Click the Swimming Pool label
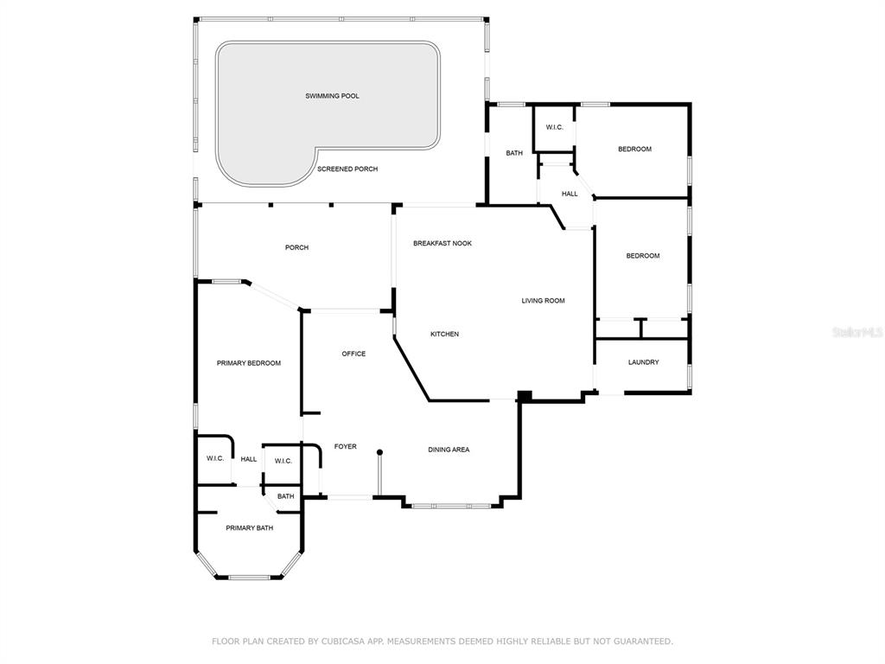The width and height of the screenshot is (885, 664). [332, 96]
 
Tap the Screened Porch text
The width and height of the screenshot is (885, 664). [347, 169]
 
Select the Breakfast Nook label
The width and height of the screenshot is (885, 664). [442, 243]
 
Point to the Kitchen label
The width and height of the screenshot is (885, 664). [444, 335]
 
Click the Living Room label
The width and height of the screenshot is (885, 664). [543, 301]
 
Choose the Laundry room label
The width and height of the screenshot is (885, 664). [643, 362]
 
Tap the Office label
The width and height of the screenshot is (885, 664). [353, 354]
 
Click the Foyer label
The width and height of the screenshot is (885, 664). [345, 447]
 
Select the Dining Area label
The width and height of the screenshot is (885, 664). [449, 450]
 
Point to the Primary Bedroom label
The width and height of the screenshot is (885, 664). [248, 363]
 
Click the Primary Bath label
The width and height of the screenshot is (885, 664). [249, 528]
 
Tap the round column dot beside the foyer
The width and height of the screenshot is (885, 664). [380, 452]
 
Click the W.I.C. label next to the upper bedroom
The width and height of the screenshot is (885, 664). [554, 128]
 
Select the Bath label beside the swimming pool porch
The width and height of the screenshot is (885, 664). [513, 153]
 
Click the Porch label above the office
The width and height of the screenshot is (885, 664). [296, 247]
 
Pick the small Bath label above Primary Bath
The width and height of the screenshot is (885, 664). [285, 496]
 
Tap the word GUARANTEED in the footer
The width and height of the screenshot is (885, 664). [642, 642]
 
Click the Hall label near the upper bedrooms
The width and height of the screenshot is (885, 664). [570, 194]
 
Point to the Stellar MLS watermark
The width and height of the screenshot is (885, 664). [858, 332]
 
